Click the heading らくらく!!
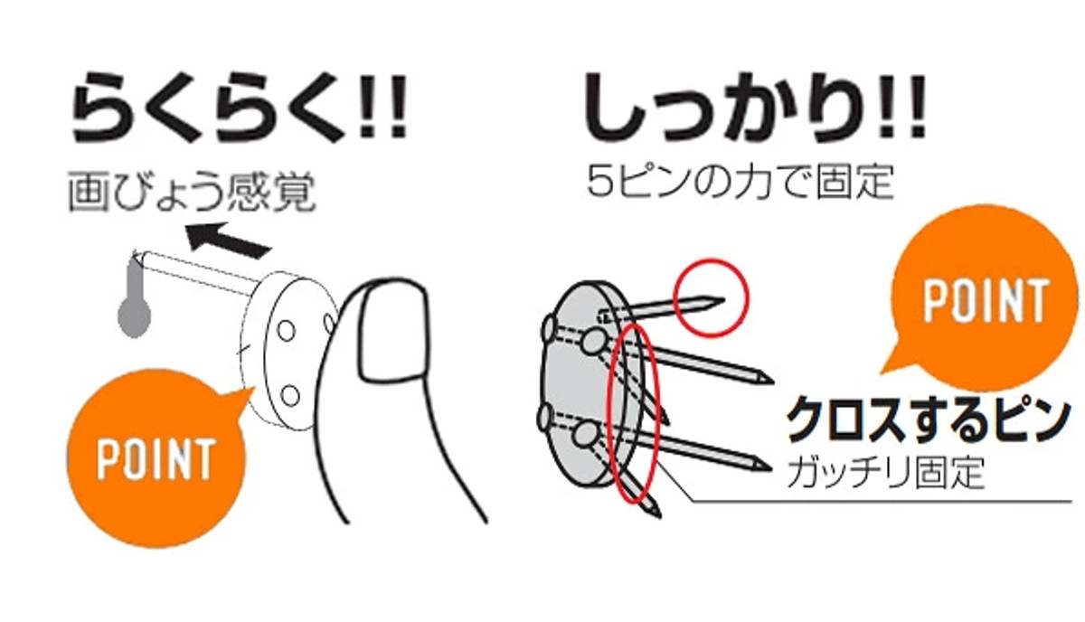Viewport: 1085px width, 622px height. pos(240,107)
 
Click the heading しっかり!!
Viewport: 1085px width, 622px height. pos(755,107)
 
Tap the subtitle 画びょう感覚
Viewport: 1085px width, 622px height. pos(192,192)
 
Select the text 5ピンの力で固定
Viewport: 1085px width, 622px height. pos(741,182)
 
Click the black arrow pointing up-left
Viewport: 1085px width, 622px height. pos(228,240)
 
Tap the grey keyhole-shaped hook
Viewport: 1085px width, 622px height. pos(134,298)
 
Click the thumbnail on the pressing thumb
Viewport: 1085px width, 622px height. pos(392,332)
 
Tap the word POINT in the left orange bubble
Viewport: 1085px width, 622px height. pos(156,458)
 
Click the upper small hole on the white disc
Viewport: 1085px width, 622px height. pos(287,331)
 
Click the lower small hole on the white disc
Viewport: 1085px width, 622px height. pos(290,396)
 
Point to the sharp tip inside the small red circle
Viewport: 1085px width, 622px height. pos(723,300)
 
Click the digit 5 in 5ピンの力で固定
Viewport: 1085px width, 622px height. pos(600,182)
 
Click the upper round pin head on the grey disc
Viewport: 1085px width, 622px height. pos(593,342)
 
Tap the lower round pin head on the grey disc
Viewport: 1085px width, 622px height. pos(586,434)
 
